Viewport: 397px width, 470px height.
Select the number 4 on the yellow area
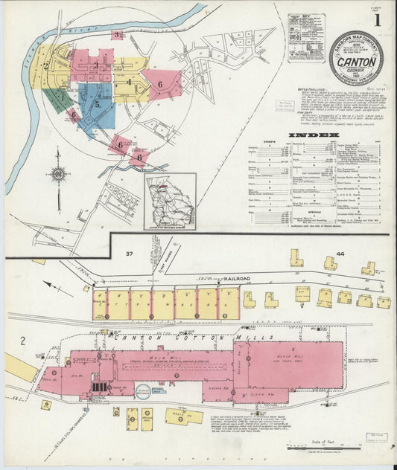(129, 83)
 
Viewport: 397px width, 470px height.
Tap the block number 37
(129, 254)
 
